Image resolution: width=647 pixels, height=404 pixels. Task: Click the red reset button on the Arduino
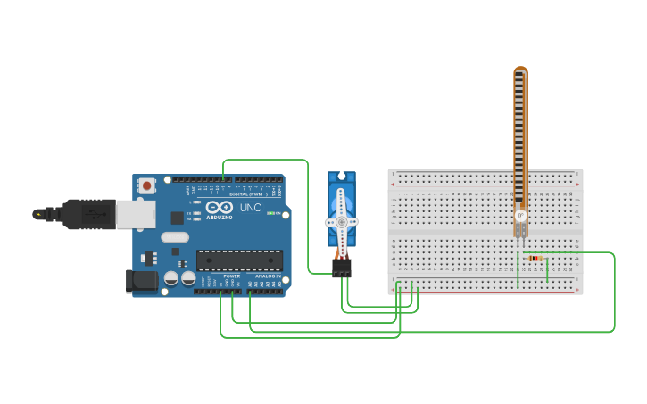[x=146, y=185]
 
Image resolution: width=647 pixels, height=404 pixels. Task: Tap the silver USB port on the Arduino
[x=136, y=214]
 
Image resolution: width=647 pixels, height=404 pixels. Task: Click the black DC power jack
[x=141, y=281]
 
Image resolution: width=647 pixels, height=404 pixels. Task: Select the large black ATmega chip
[x=239, y=260]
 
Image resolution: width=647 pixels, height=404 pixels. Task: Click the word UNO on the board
[x=251, y=208]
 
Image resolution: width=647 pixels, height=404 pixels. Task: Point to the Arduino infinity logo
[x=219, y=207]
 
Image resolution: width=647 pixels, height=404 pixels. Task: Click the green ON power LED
[x=270, y=213]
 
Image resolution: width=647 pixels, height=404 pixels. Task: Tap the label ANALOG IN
[x=267, y=276]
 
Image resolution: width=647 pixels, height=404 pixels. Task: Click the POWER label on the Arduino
[x=231, y=276]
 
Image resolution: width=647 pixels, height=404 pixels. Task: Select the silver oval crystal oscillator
[x=176, y=237]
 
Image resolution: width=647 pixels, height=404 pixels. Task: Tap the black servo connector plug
[x=342, y=268]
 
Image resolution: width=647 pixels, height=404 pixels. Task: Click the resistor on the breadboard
[x=535, y=259]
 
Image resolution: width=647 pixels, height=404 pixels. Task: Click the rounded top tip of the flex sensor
[x=520, y=71]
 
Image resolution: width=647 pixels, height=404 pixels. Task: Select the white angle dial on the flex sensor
[x=521, y=215]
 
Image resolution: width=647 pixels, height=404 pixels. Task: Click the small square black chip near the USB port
[x=177, y=217]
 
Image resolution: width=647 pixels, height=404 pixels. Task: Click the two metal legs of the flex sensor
[x=520, y=231]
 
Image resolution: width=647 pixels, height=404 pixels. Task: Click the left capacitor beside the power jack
[x=171, y=278]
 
